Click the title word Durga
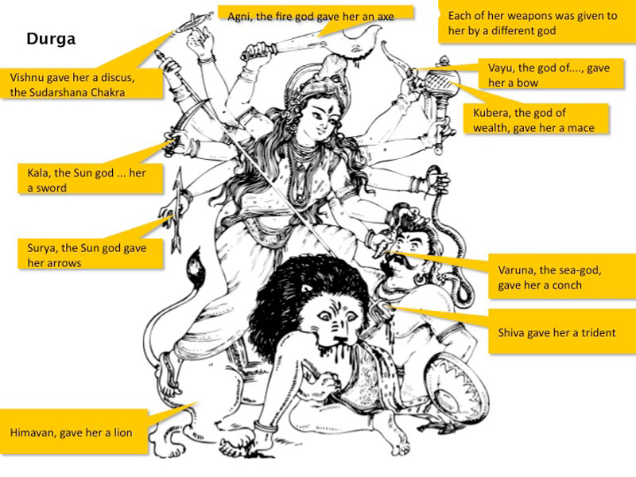51,39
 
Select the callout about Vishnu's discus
82,83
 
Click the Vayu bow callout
550,74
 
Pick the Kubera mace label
535,118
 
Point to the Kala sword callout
90,179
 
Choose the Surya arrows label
90,254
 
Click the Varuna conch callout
562,277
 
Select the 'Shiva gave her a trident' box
562,332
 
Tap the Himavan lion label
74,432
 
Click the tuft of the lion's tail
196,270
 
